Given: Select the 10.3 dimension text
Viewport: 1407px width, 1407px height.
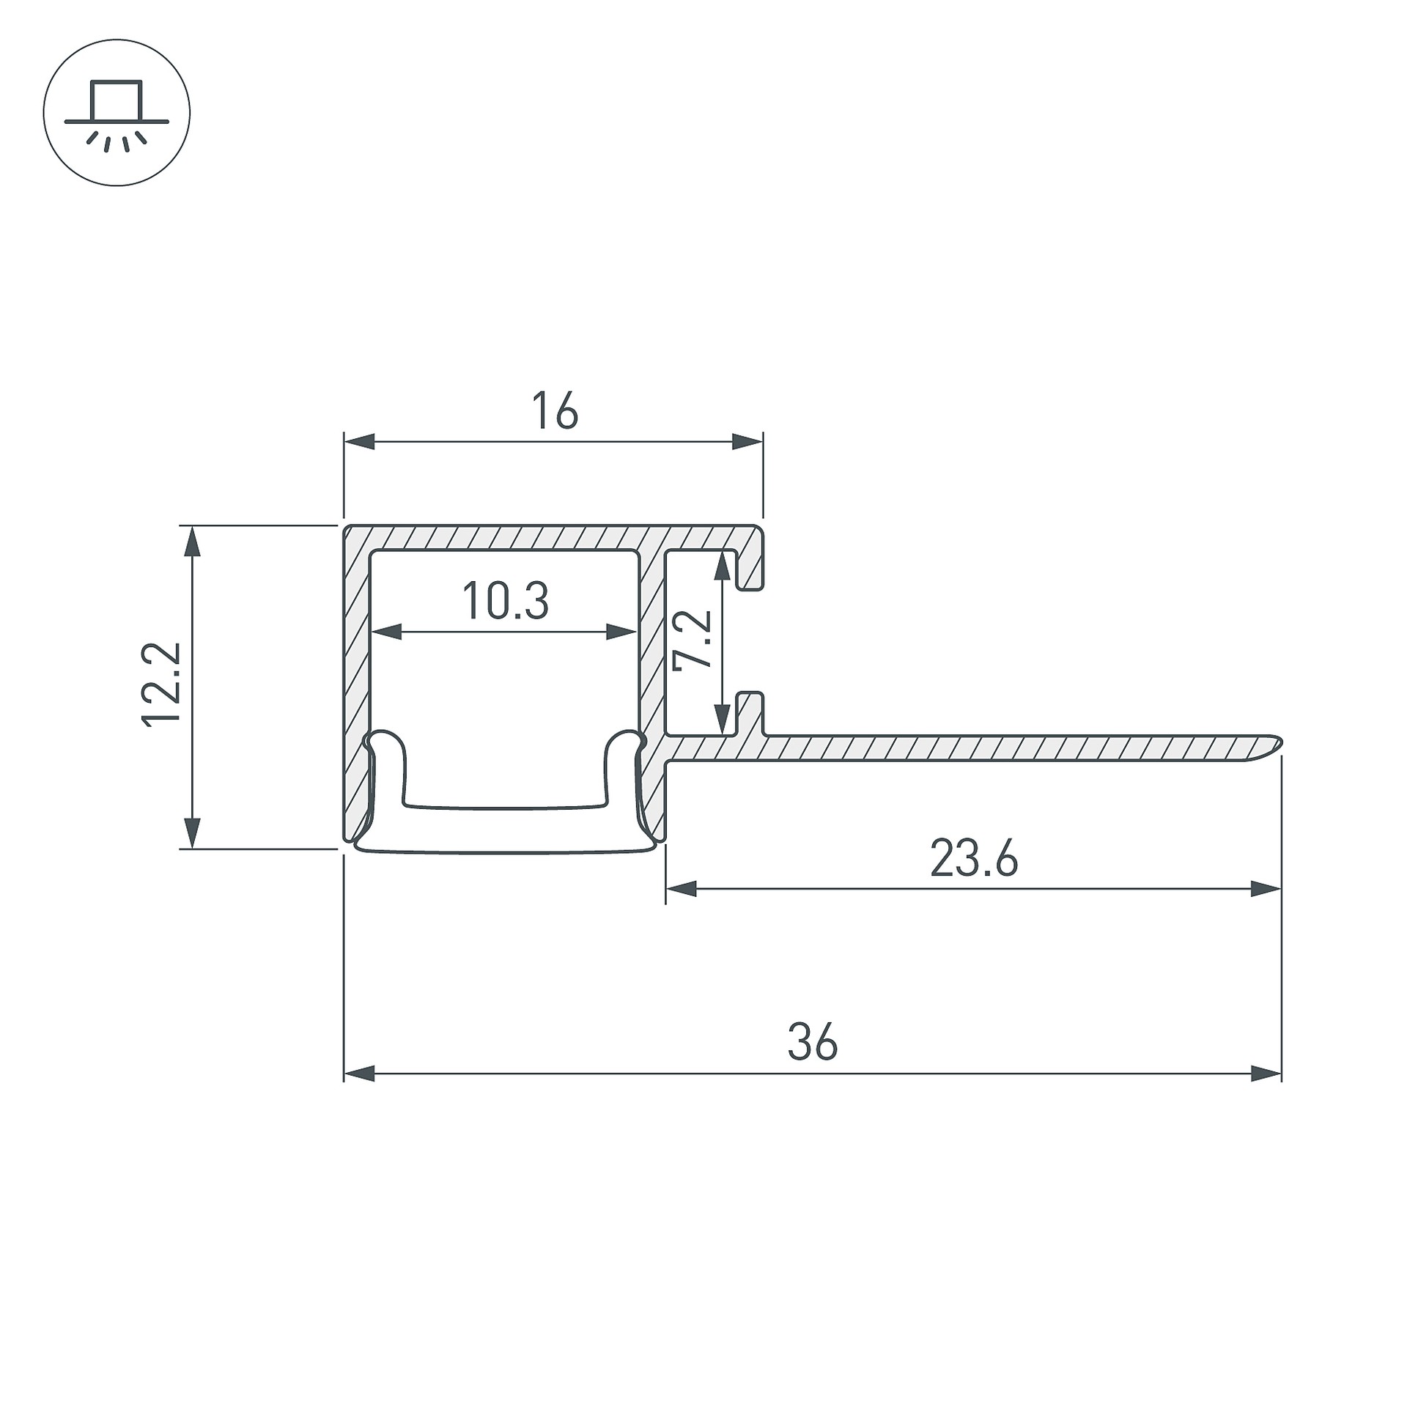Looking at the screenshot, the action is [505, 600].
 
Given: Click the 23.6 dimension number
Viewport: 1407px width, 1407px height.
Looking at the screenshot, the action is [974, 858].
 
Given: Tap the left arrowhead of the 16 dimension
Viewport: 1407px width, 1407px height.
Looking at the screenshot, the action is [359, 442].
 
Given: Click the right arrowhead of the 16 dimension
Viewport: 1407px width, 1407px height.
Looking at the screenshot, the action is [747, 442].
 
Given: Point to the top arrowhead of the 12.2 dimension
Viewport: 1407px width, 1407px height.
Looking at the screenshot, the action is [191, 541].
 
